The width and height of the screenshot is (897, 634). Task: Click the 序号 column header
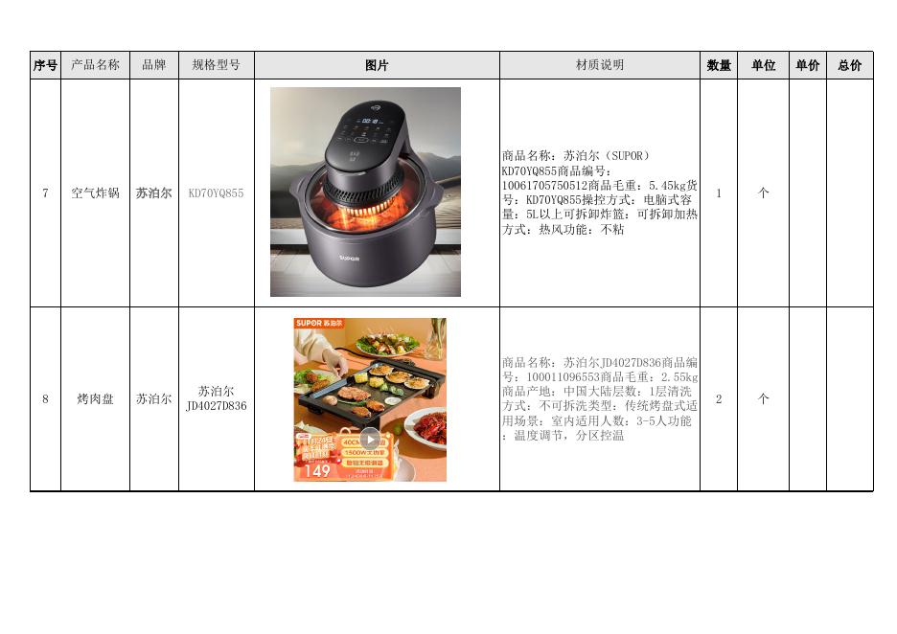click(45, 65)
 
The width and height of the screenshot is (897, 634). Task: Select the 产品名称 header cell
click(95, 65)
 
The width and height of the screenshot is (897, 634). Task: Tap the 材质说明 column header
click(599, 65)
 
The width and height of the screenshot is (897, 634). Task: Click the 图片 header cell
click(377, 65)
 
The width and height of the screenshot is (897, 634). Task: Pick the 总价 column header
click(849, 65)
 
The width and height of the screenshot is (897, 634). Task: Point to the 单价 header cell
click(807, 65)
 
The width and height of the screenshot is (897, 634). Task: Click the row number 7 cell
click(45, 192)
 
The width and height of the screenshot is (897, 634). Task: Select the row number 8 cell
click(45, 398)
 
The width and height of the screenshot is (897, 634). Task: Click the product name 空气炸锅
click(95, 192)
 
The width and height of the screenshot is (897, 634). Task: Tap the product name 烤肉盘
click(95, 398)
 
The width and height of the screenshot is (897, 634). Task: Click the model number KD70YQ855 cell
click(216, 192)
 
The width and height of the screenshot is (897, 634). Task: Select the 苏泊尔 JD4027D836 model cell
click(216, 398)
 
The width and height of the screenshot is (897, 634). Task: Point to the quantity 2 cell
click(719, 398)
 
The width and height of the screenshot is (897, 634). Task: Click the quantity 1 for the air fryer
click(719, 192)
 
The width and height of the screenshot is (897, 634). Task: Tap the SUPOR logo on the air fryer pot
click(348, 258)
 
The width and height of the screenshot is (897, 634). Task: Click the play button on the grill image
click(370, 440)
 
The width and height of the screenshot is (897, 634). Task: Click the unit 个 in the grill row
click(763, 398)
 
